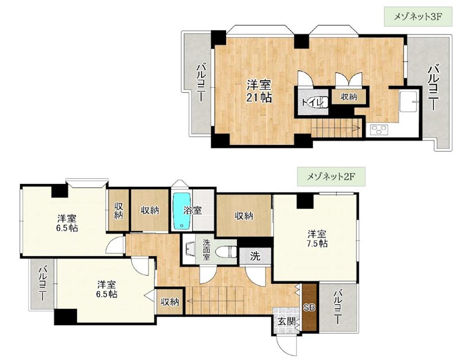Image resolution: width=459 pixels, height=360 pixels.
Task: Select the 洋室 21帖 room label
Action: point(259,91)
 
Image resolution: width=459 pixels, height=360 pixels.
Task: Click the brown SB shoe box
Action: point(309,307)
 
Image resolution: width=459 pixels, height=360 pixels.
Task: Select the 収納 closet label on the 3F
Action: point(348,97)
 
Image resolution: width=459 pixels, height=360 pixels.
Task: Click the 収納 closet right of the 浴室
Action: point(243,216)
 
